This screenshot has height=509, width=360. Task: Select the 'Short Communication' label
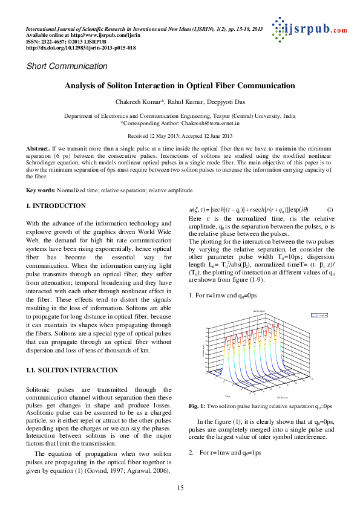67,66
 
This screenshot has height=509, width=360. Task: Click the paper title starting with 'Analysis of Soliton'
180,86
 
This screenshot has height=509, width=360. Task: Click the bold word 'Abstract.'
39,148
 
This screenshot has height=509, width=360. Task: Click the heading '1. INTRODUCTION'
56,206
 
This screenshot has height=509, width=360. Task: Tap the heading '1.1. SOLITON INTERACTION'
67,369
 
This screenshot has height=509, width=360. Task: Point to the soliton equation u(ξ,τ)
248,209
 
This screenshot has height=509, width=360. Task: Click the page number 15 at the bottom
180,488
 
